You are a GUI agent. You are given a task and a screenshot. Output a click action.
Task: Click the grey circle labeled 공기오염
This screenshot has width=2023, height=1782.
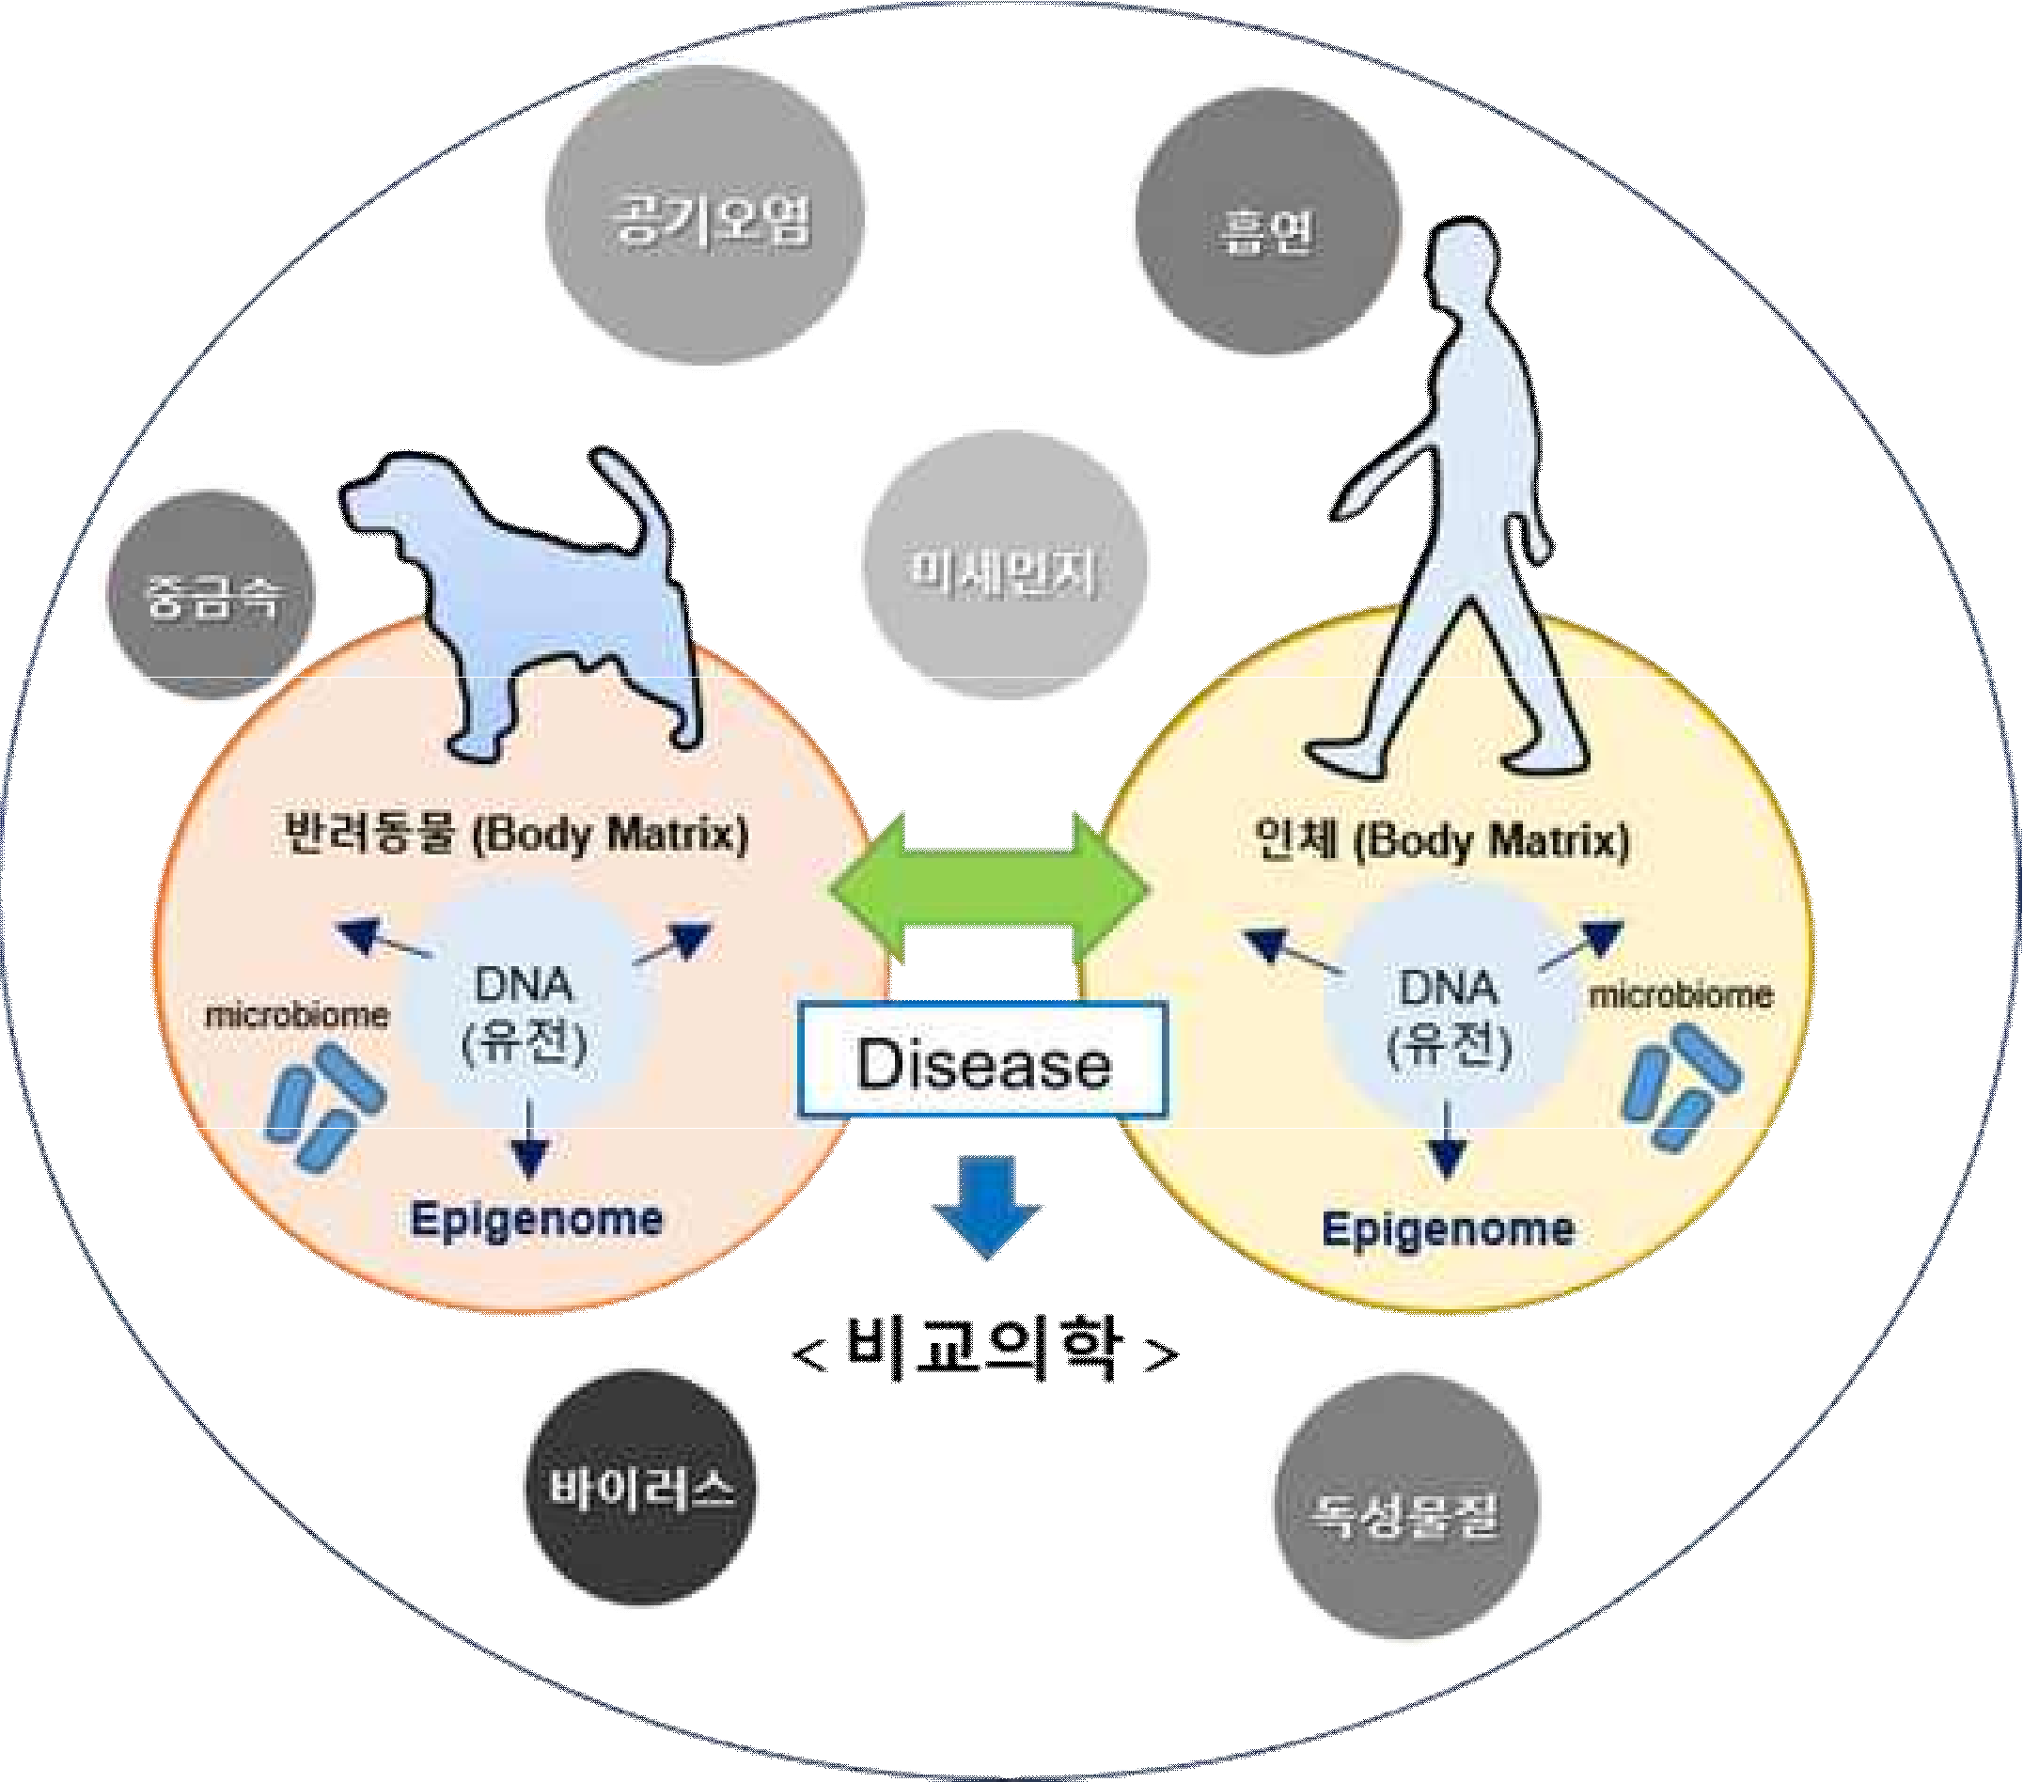tap(704, 214)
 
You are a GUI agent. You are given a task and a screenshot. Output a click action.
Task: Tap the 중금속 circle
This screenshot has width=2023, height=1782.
tap(209, 594)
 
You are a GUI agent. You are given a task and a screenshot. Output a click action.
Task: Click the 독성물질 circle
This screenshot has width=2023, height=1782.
tap(1404, 1505)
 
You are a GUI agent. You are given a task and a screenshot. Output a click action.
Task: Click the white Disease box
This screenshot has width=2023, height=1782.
tap(981, 1062)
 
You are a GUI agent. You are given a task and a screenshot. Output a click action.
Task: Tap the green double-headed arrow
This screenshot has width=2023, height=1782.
tap(989, 889)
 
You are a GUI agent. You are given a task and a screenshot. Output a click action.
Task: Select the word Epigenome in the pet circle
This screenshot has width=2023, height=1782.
tap(537, 1219)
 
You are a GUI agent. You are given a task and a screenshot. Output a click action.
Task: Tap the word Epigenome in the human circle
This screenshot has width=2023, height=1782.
tap(1447, 1230)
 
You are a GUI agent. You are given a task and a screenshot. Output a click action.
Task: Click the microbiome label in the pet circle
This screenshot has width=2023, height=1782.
tap(296, 1015)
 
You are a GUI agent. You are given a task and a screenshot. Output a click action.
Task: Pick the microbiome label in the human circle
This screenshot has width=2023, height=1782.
tap(1680, 995)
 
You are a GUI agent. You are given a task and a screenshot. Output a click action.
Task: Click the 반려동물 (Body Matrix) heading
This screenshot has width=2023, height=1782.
tap(514, 833)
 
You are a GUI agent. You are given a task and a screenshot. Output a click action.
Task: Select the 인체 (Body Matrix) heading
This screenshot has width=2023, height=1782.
tap(1440, 841)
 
